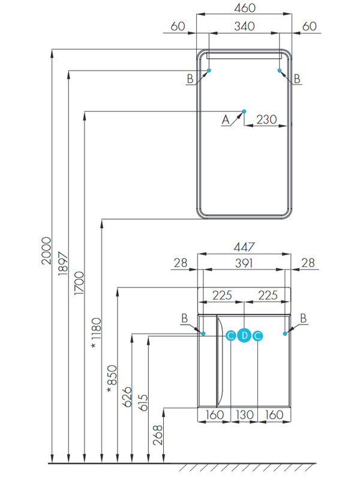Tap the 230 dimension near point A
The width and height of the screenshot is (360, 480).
click(x=266, y=119)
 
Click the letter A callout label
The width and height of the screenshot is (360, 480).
click(x=226, y=120)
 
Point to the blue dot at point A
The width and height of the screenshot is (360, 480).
click(x=244, y=111)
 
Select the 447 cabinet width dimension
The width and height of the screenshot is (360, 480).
click(x=244, y=246)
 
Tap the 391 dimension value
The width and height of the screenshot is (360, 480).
click(x=244, y=262)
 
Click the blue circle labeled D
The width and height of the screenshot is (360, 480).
click(x=244, y=336)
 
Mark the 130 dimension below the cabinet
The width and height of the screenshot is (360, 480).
click(x=244, y=415)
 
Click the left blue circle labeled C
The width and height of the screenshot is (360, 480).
click(x=231, y=336)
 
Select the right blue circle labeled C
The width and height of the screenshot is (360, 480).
click(x=257, y=336)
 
